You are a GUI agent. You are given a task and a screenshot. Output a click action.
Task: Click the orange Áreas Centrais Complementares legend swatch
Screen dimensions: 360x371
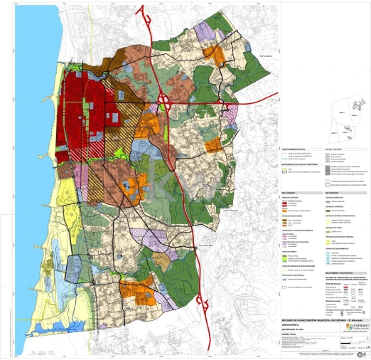[x=286, y=211]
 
